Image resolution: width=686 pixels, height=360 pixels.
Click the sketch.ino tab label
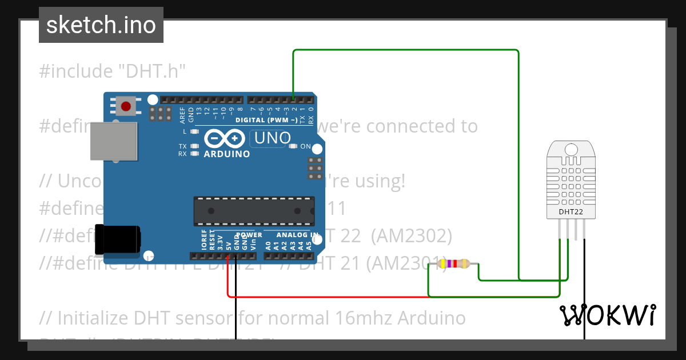click(x=101, y=25)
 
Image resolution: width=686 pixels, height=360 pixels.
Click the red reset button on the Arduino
click(x=126, y=105)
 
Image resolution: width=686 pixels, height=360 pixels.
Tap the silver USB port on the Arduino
click(x=114, y=141)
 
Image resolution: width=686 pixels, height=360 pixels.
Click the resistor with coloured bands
click(x=453, y=263)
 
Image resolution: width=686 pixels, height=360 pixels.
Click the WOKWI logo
click(x=607, y=315)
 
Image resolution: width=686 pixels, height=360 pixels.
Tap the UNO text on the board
click(x=273, y=138)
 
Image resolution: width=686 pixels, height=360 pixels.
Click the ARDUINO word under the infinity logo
click(x=226, y=154)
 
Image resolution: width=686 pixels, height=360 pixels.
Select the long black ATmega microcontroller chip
click(x=254, y=211)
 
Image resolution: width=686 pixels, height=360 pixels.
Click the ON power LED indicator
click(x=294, y=147)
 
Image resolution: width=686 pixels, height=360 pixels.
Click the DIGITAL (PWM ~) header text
click(x=266, y=120)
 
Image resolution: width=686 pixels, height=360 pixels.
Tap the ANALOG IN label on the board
click(x=297, y=235)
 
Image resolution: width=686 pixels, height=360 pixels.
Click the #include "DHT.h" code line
click(x=113, y=71)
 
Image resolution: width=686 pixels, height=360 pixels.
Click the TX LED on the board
click(x=195, y=146)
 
